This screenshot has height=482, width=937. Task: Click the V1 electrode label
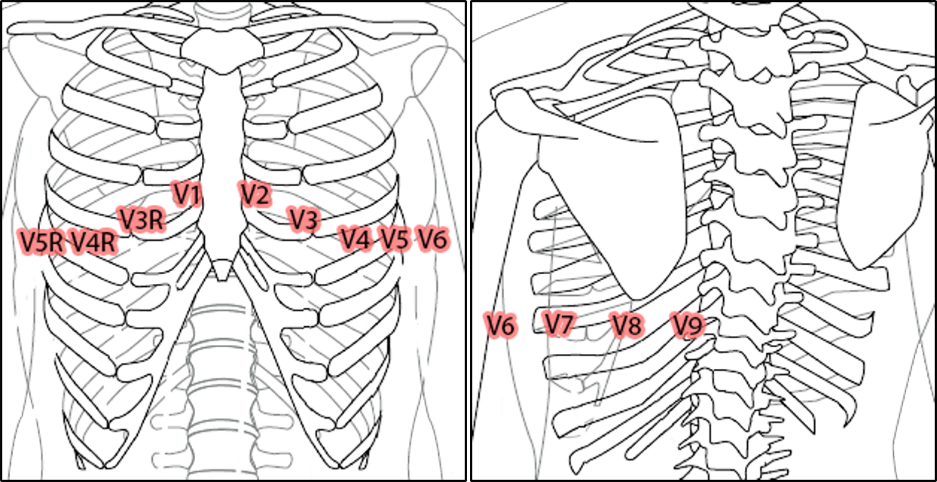187,194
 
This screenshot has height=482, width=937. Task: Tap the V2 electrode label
255,194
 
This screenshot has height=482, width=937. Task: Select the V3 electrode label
304,220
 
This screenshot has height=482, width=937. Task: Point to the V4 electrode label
356,239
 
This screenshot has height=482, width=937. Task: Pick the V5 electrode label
394,239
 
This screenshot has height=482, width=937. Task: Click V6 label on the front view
433,239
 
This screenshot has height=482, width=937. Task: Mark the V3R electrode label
142,220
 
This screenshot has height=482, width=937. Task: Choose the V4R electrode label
94,243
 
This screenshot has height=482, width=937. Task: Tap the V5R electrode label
41,242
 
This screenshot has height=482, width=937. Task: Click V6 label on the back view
500,326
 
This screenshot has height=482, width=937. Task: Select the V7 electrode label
560,325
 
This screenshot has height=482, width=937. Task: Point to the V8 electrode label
627,326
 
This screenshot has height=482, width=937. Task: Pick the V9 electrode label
688,326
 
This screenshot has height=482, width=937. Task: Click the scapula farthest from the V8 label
881,173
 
